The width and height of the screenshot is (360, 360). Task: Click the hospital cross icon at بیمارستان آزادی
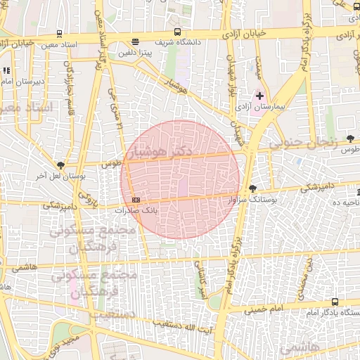pyautogui.click(x=260, y=96)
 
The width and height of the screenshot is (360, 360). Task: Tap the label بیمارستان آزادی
pyautogui.click(x=276, y=106)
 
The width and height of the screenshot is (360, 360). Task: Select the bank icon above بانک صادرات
pyautogui.click(x=136, y=200)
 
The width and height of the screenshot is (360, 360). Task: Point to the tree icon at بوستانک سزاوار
pyautogui.click(x=253, y=188)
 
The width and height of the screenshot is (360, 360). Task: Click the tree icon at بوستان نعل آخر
pyautogui.click(x=61, y=165)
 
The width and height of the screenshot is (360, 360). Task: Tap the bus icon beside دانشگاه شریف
pyautogui.click(x=177, y=32)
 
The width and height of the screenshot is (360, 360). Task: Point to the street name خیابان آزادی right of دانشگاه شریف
pyautogui.click(x=247, y=33)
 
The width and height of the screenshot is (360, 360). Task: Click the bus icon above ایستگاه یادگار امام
pyautogui.click(x=335, y=302)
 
